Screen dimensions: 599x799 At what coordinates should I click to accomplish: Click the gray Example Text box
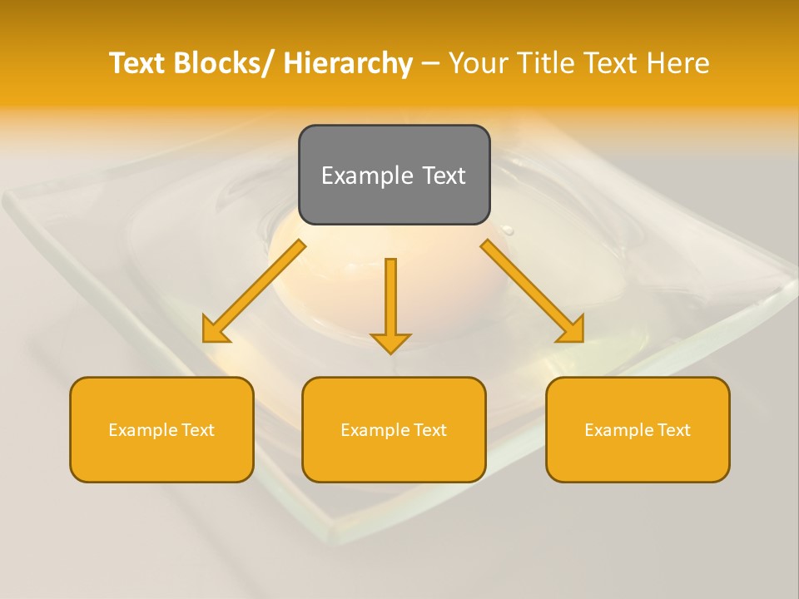pyautogui.click(x=394, y=175)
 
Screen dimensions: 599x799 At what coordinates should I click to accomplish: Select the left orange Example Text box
pyautogui.click(x=161, y=429)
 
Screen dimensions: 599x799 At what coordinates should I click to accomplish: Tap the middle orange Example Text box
pyautogui.click(x=394, y=429)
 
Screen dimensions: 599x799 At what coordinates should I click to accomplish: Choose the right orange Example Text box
pyautogui.click(x=638, y=429)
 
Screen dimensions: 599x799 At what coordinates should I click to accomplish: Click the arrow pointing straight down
pyautogui.click(x=390, y=304)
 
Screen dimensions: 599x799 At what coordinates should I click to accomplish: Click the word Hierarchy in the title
pyautogui.click(x=348, y=63)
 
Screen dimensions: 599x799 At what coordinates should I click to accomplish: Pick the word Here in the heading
pyautogui.click(x=679, y=63)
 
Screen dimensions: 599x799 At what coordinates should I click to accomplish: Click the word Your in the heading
pyautogui.click(x=478, y=63)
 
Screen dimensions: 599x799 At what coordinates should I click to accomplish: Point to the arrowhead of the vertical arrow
pyautogui.click(x=390, y=342)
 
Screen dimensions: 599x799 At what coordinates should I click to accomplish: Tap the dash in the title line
pyautogui.click(x=430, y=64)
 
